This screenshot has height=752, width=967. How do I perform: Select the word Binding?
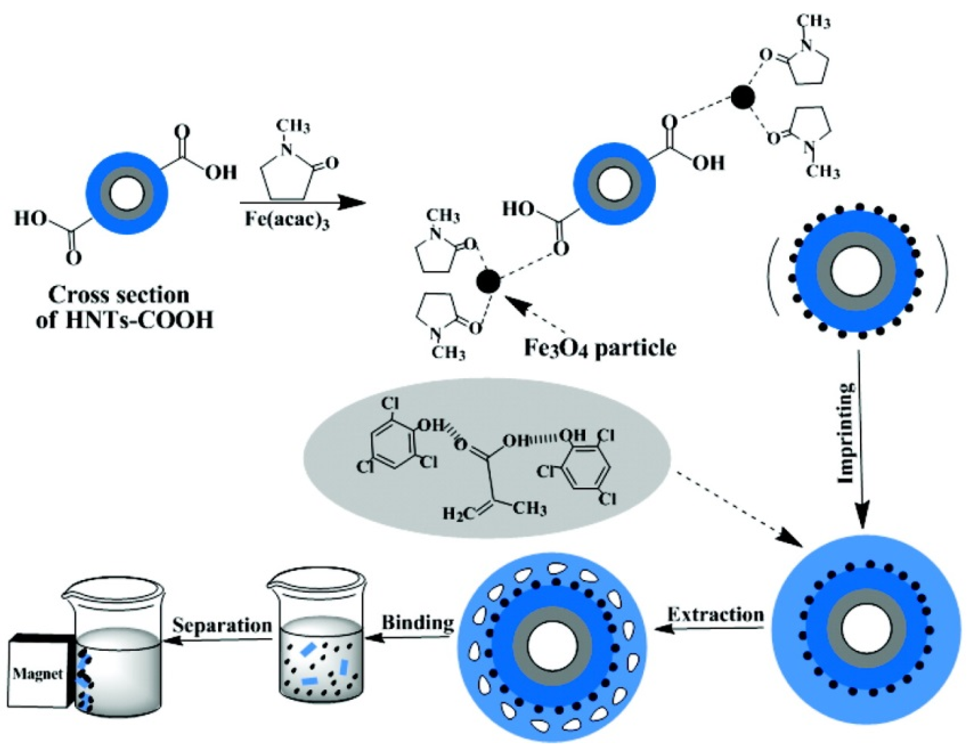click(x=418, y=623)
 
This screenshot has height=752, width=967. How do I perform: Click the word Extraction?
click(x=715, y=615)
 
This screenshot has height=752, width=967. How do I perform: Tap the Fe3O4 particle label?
click(x=600, y=348)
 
